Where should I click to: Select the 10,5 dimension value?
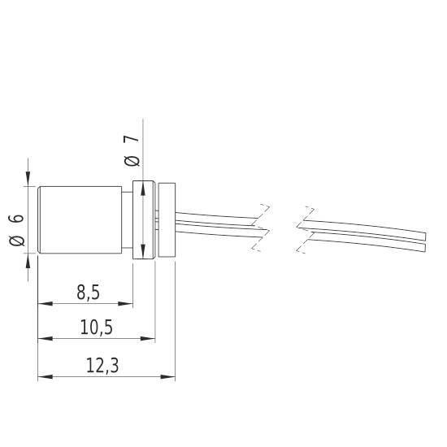[x=96, y=327]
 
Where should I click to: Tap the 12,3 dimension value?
[x=102, y=366]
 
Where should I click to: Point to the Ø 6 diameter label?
[x=17, y=229]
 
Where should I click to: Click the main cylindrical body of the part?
[x=81, y=220]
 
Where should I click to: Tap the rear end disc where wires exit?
[x=167, y=220]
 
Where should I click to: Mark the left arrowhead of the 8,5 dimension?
[x=45, y=305]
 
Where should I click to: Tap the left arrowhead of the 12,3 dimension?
[x=45, y=377]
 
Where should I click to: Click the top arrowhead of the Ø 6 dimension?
[x=29, y=180]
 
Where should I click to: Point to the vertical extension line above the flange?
[x=143, y=146]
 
